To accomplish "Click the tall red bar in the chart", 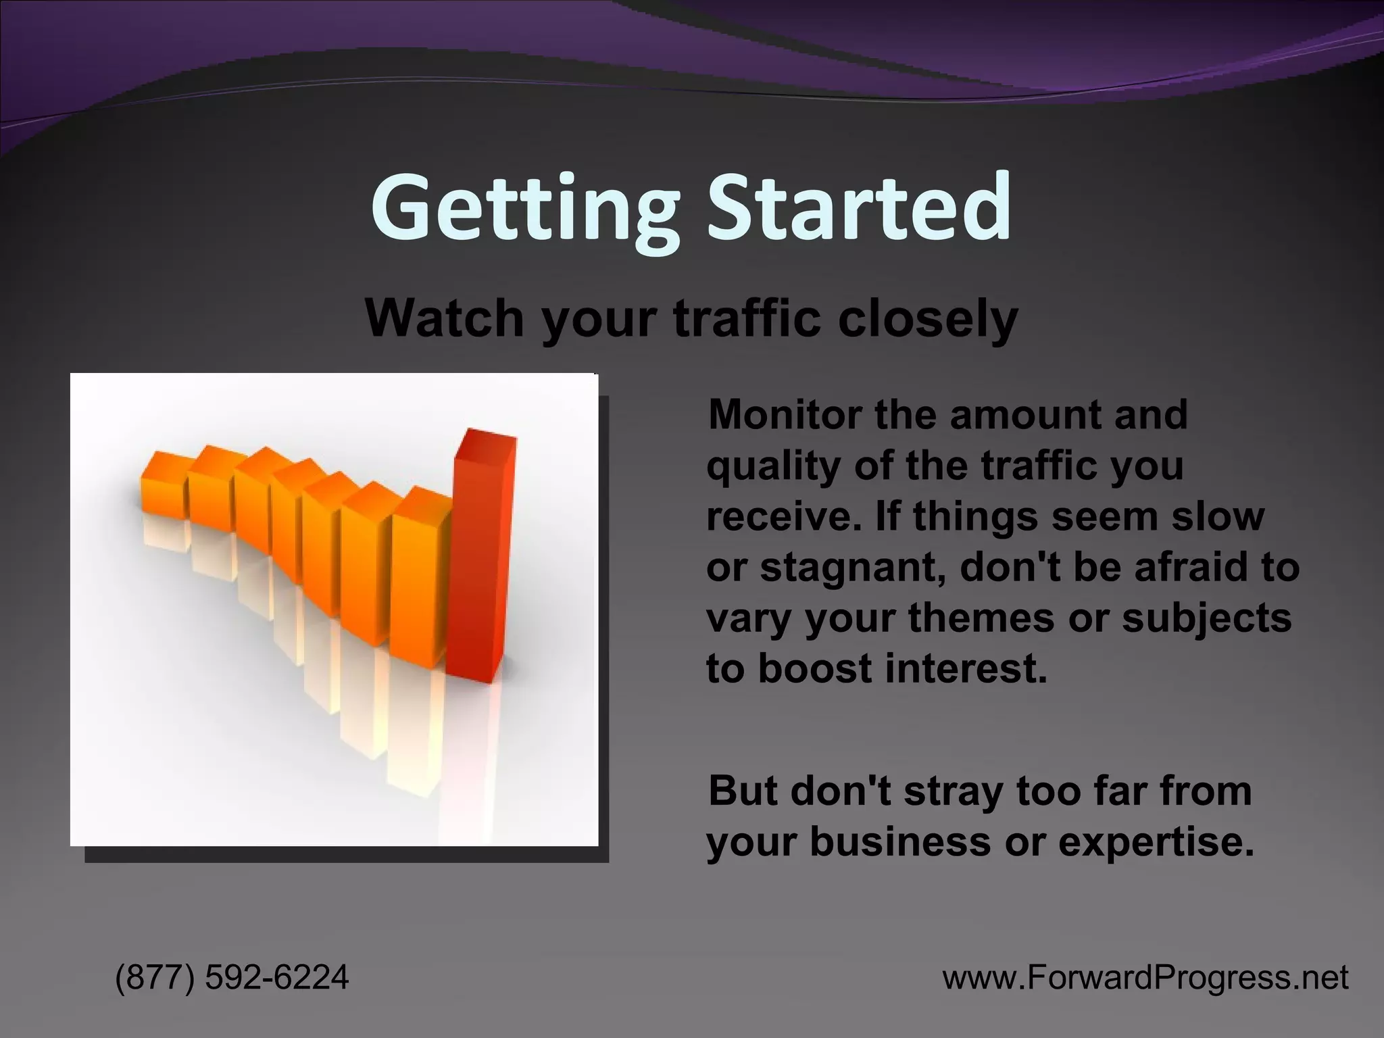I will click(x=481, y=561).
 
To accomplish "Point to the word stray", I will click(x=953, y=791).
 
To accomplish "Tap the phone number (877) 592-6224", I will click(x=232, y=977).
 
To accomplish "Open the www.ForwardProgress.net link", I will click(x=1145, y=977).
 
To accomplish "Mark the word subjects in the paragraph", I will click(x=1206, y=618).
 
